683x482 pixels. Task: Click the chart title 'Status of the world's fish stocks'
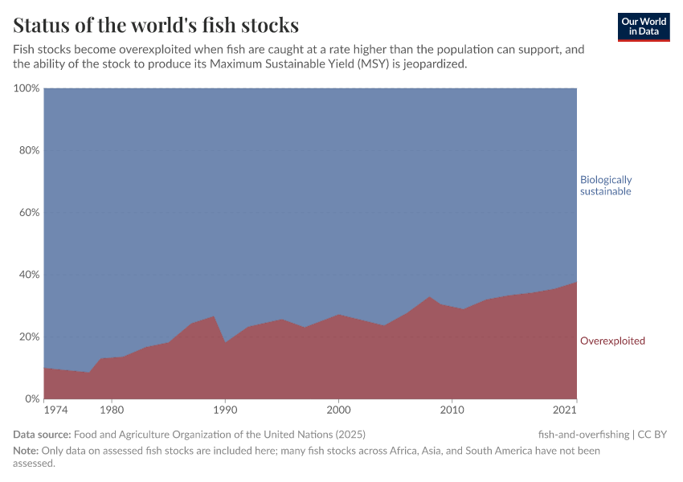tap(156, 24)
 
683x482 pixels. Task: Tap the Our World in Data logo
tap(643, 27)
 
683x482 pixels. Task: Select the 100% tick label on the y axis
tap(27, 88)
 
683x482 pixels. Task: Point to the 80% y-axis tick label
tap(29, 150)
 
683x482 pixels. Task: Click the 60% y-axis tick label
tap(29, 213)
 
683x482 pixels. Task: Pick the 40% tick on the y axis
tap(29, 275)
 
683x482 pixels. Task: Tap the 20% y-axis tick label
tap(29, 337)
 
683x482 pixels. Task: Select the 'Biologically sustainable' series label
tap(606, 186)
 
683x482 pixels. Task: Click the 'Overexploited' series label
tap(612, 341)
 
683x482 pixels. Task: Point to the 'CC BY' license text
tap(652, 435)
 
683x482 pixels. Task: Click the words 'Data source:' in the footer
tap(41, 435)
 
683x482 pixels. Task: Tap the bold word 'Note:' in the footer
tap(27, 451)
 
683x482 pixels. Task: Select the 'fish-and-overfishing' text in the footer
tap(583, 435)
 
